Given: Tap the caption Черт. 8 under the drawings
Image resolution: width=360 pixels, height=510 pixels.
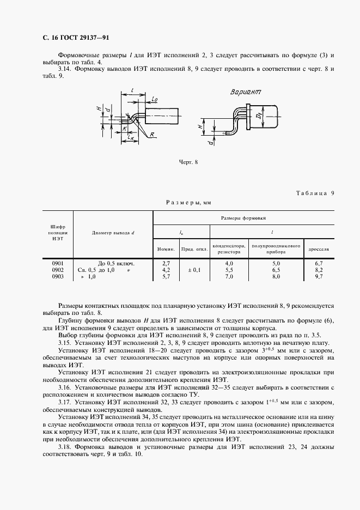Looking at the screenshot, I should point(188,162).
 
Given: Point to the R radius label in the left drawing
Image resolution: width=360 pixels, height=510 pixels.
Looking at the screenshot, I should point(153,134).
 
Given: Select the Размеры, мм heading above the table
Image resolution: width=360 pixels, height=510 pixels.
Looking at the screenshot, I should point(188,202).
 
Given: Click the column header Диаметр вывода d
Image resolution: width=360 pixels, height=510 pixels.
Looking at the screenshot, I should point(113,233).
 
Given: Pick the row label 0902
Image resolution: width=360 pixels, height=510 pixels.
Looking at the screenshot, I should point(58,270).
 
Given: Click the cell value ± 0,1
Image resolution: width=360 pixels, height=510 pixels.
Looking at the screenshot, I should point(194,270).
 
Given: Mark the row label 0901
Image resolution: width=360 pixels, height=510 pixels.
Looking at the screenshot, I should point(58,263).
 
